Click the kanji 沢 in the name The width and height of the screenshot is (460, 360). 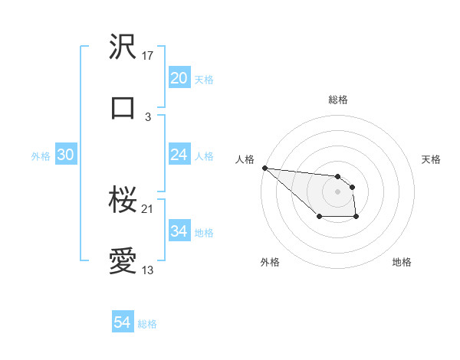[x=123, y=47]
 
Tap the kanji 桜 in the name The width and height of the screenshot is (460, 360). [x=123, y=201]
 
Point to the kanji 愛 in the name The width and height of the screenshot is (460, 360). [x=123, y=262]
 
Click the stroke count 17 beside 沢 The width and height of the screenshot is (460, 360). [x=149, y=56]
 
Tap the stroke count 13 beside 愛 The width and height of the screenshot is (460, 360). [x=149, y=270]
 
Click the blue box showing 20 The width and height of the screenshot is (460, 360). [x=179, y=78]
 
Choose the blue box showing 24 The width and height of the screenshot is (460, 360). [x=179, y=155]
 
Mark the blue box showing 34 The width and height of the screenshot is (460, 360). [x=179, y=231]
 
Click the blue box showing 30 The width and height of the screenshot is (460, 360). [x=65, y=155]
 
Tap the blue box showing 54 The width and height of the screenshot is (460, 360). [x=123, y=322]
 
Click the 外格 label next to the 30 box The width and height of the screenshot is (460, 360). [x=41, y=155]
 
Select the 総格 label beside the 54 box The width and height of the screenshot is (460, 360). [x=147, y=324]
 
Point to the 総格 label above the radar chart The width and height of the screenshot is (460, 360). [x=337, y=100]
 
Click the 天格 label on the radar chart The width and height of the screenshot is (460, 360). [x=431, y=159]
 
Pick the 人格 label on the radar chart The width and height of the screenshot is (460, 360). [x=245, y=159]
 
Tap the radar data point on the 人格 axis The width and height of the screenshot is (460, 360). [x=264, y=168]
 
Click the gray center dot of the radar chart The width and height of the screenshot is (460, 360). [x=337, y=191]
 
